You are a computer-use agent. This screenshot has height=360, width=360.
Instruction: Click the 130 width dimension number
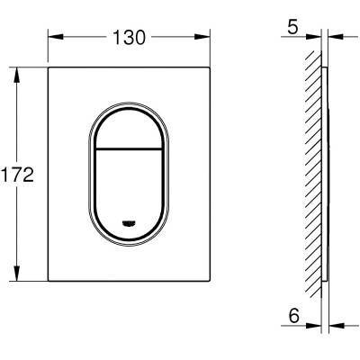tap(129, 38)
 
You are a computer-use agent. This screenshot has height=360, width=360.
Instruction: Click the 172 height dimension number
tap(17, 175)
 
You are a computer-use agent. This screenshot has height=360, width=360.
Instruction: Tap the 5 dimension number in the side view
tap(292, 27)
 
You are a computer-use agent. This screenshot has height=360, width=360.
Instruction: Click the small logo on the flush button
tap(129, 223)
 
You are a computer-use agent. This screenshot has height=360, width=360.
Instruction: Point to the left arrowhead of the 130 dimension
tap(56, 37)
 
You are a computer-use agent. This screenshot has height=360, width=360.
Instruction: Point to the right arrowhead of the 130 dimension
tap(202, 37)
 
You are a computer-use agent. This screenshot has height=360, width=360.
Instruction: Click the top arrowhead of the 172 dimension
tap(17, 75)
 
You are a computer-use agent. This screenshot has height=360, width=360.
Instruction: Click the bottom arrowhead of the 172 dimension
tap(17, 274)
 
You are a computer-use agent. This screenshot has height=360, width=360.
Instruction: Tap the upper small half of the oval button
tap(129, 129)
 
